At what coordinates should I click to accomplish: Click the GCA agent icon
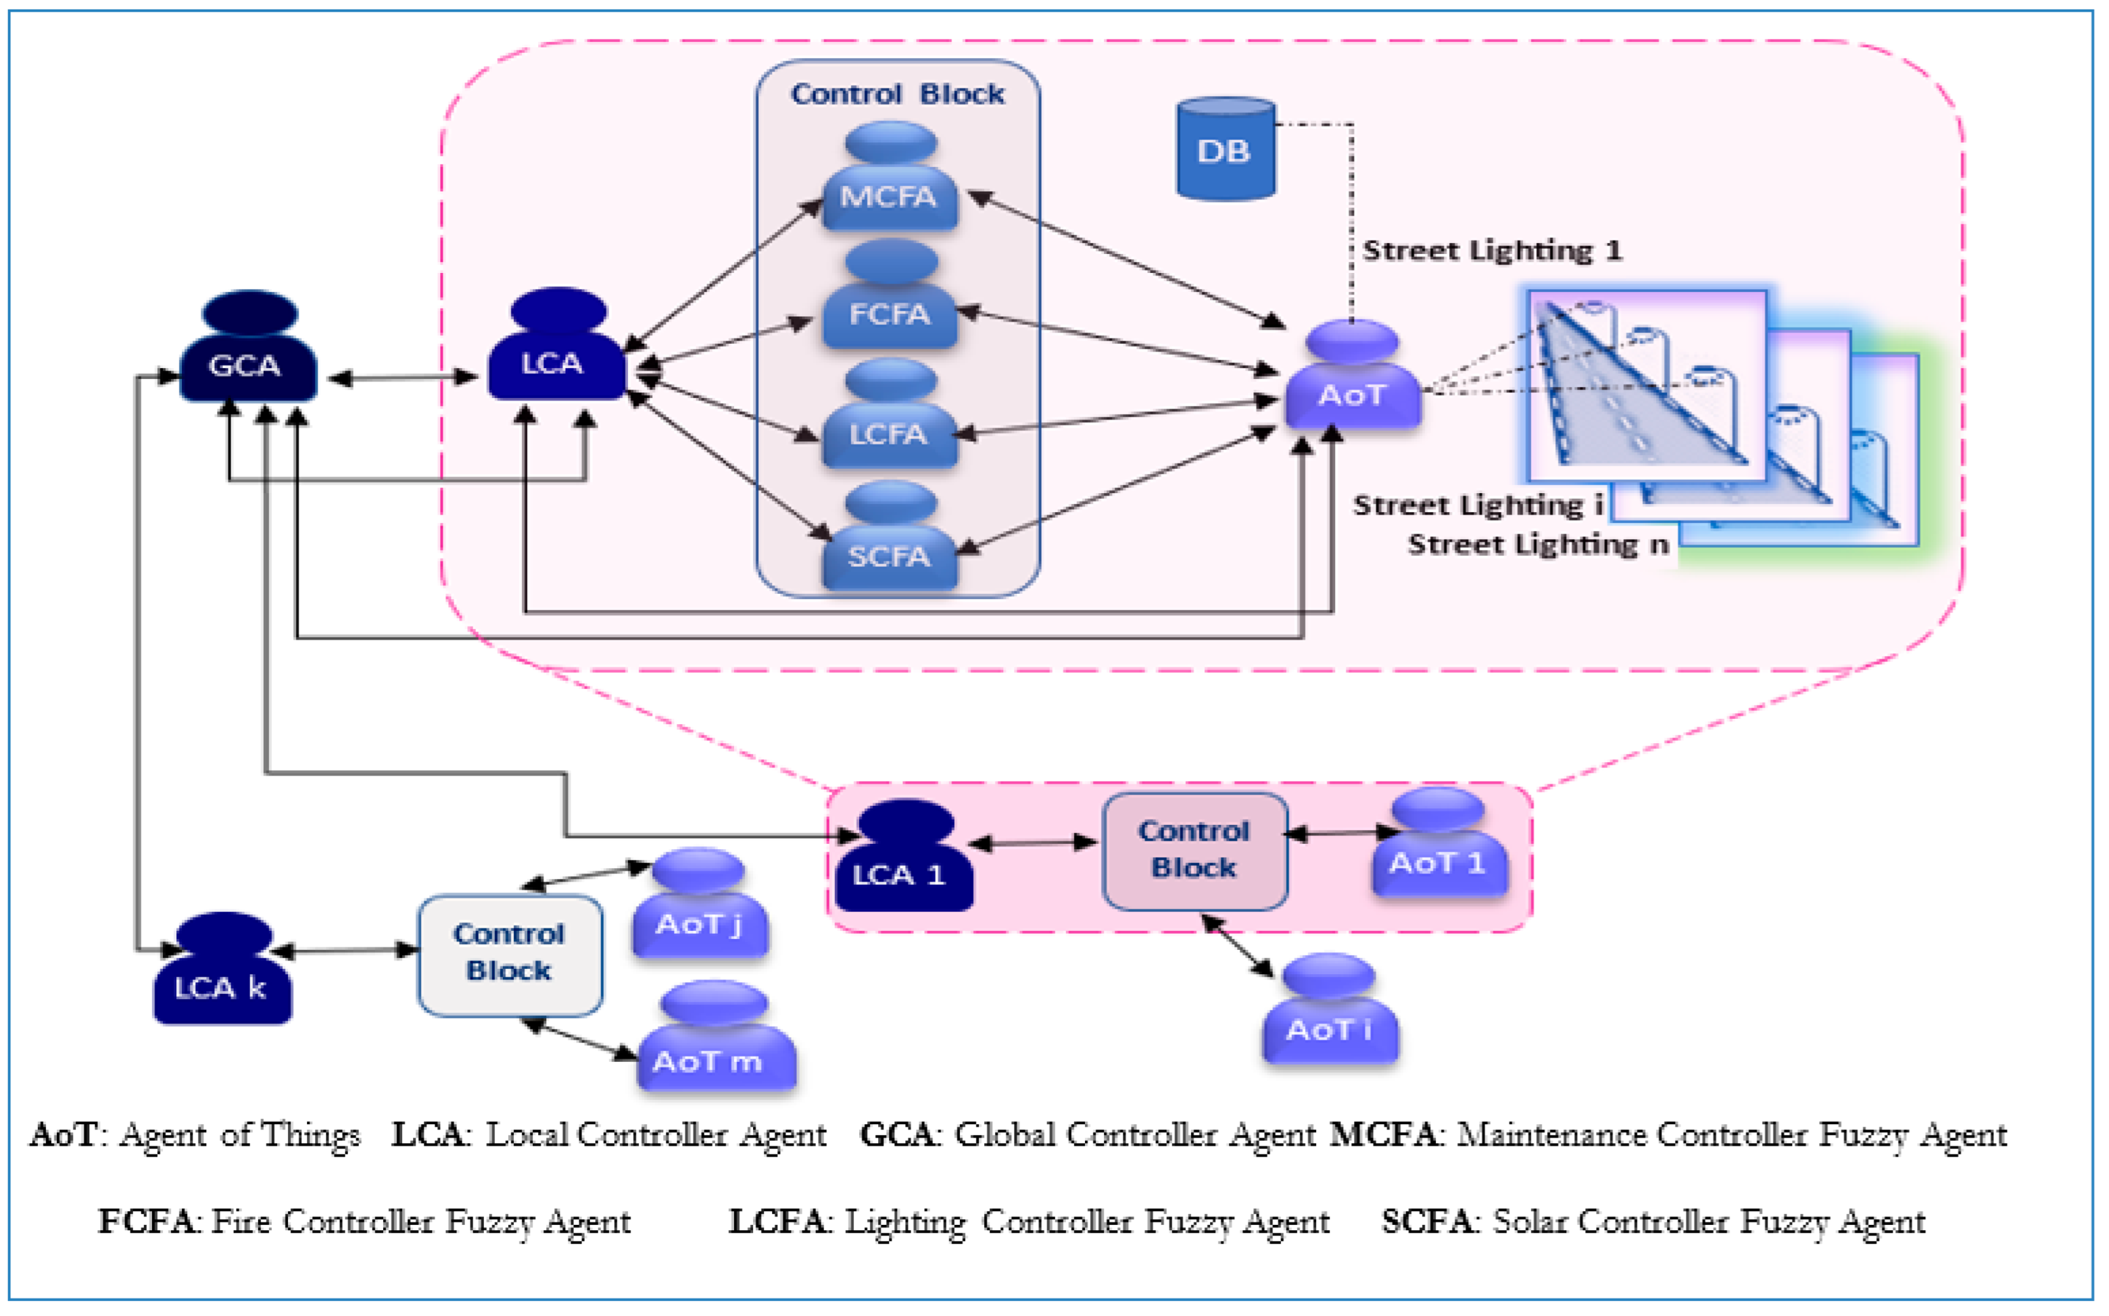tap(247, 348)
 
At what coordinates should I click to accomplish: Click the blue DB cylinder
tap(1225, 149)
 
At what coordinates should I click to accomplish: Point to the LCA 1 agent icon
tap(903, 857)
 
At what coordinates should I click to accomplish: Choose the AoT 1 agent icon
tap(1438, 844)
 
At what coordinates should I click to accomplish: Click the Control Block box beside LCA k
tap(510, 955)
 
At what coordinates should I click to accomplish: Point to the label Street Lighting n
tap(1538, 545)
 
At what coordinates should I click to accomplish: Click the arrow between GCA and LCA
tap(402, 378)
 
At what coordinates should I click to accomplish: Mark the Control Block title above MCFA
tap(897, 94)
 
